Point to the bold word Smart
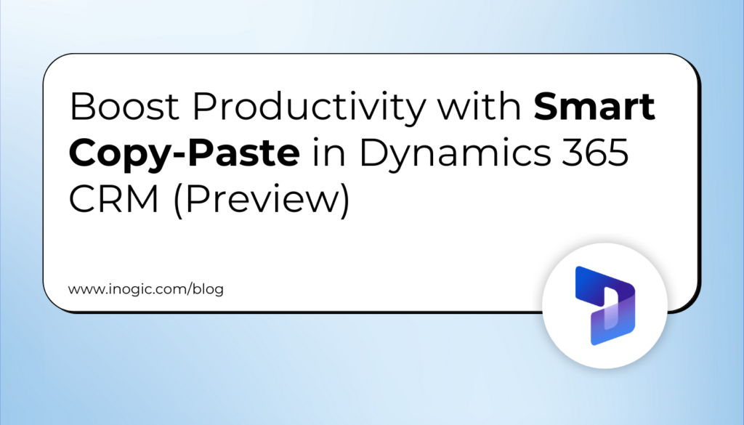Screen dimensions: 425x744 coord(595,109)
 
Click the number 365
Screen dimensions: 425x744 coord(593,153)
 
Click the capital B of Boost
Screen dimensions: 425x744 coord(81,109)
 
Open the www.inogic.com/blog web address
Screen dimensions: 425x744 coord(146,289)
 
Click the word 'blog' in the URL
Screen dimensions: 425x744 coord(208,289)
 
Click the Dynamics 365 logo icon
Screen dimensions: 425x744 coord(605,305)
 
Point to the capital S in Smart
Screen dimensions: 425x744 coord(547,109)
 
